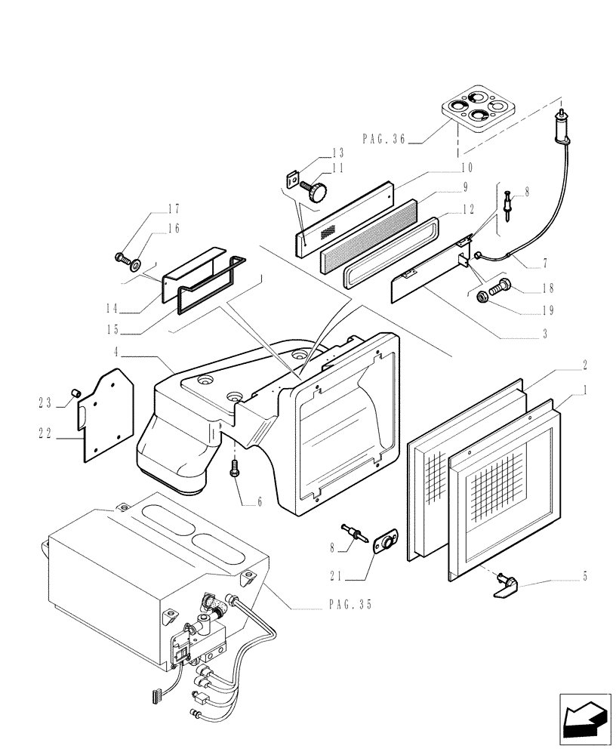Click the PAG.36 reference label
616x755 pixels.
click(384, 138)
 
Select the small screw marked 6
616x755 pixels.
click(236, 470)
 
